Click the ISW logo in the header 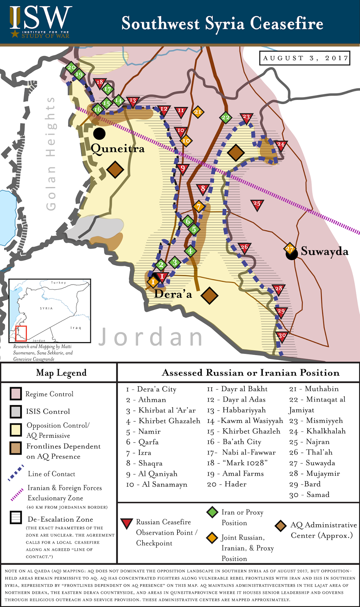click(40, 22)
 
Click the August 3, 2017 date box click(305, 58)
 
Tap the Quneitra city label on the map click(118, 148)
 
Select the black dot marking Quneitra click(99, 133)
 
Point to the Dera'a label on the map click(173, 294)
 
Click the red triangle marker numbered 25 click(257, 204)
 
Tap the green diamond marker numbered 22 click(226, 117)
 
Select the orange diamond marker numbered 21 click(198, 112)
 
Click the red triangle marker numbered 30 click(282, 336)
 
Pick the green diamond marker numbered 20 click(71, 68)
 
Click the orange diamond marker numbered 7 click(198, 207)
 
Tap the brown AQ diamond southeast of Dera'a click(209, 296)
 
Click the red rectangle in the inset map click(21, 333)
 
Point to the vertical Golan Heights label click(50, 153)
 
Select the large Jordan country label click(151, 337)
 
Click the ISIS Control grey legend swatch click(16, 412)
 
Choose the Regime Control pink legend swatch click(16, 394)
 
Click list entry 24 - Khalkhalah click(317, 431)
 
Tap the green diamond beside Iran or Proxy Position click(212, 512)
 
